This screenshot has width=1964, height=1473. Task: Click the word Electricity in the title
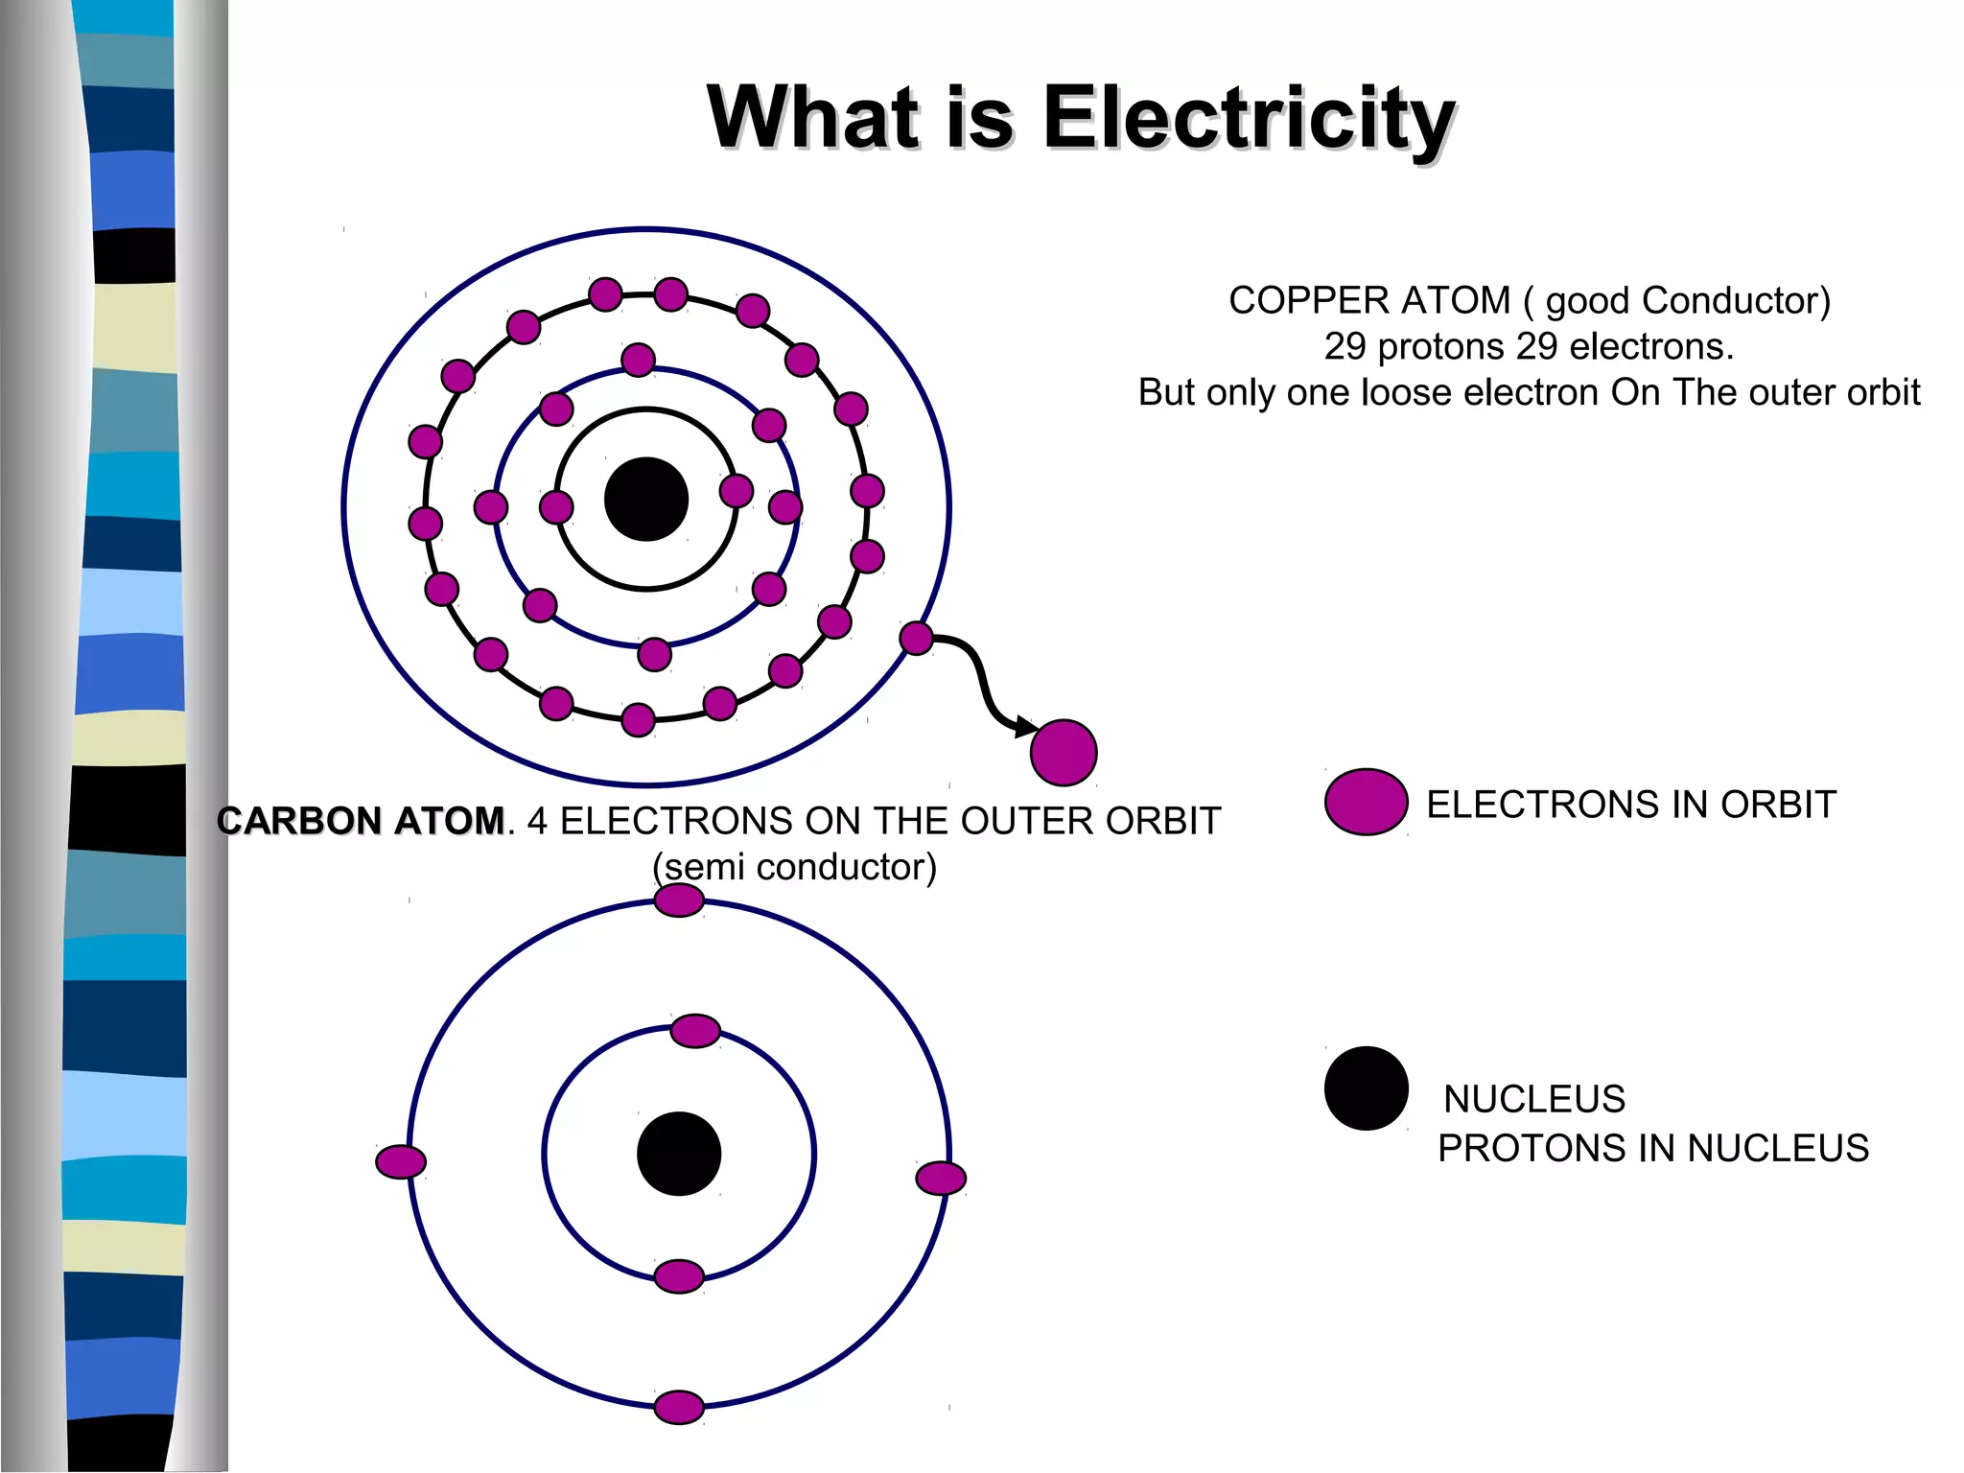pyautogui.click(x=1249, y=118)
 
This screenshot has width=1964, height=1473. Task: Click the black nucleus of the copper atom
pyautogui.click(x=646, y=499)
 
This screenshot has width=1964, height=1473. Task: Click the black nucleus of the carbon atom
pyautogui.click(x=679, y=1154)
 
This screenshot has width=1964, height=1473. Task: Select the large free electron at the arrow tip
pyautogui.click(x=1064, y=753)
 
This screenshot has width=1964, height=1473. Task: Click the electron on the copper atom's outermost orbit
pyautogui.click(x=916, y=638)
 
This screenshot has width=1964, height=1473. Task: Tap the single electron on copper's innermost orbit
pyautogui.click(x=736, y=491)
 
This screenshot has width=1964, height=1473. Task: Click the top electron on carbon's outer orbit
pyautogui.click(x=679, y=900)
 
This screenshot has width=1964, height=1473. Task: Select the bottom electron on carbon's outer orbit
pyautogui.click(x=679, y=1408)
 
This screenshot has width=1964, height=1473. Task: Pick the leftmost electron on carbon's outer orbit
pyautogui.click(x=401, y=1161)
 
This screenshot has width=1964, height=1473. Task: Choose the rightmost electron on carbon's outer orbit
pyautogui.click(x=941, y=1178)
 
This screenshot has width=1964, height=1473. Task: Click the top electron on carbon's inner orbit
pyautogui.click(x=695, y=1031)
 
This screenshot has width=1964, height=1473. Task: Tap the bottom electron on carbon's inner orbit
pyautogui.click(x=679, y=1276)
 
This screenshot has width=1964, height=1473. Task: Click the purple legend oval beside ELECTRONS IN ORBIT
pyautogui.click(x=1366, y=802)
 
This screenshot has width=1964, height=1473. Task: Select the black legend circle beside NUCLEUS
pyautogui.click(x=1366, y=1088)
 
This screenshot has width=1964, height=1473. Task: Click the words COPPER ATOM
pyautogui.click(x=1368, y=301)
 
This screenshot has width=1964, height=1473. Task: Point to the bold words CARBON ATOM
pyautogui.click(x=361, y=821)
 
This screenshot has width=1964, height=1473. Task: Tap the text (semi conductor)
pyautogui.click(x=794, y=867)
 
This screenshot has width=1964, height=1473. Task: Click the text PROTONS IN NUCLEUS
pyautogui.click(x=1652, y=1148)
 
